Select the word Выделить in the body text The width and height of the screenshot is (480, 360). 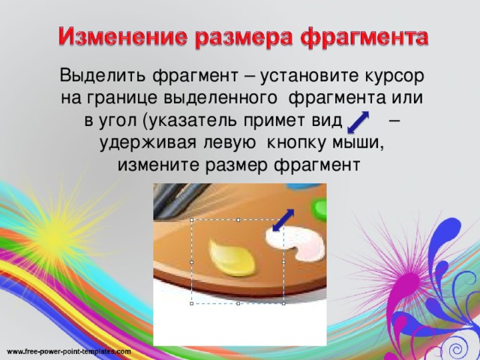pos(103,76)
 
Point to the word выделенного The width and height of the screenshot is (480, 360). pos(220,98)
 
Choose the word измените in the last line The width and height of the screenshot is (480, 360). pos(159,165)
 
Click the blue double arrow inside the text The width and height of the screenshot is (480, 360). pos(358,122)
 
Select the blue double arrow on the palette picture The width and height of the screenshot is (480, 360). pos(283,220)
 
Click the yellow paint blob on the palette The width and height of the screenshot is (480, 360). pos(232,258)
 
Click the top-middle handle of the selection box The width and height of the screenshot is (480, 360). pos(238,220)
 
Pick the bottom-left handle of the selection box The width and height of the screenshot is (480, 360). pos(192,304)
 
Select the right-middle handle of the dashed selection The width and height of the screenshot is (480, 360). pos(283,262)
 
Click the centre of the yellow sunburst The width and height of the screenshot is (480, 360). pos(55,235)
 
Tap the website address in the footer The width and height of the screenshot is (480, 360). pos(68,352)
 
